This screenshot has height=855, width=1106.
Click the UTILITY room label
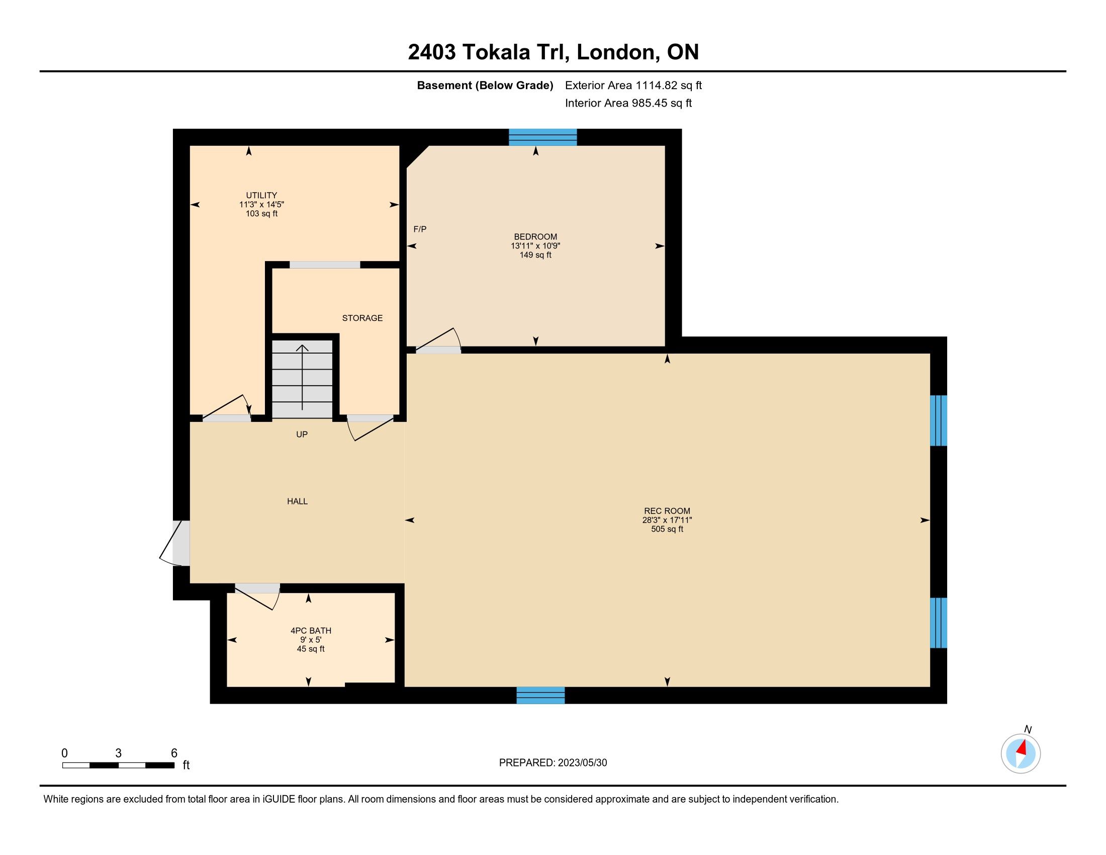click(x=261, y=195)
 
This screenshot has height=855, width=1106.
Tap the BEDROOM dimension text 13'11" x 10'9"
click(x=535, y=246)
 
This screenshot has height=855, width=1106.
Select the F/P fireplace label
click(x=420, y=229)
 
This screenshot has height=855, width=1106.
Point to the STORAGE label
click(x=362, y=318)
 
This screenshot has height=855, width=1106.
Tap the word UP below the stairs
click(x=302, y=435)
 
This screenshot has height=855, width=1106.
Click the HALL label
click(x=297, y=501)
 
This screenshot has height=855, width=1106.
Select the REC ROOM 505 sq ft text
click(x=667, y=529)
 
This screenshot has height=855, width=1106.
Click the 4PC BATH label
click(x=311, y=631)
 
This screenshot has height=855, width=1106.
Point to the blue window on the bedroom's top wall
click(x=542, y=137)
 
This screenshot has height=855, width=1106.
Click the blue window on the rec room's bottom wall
click(x=540, y=695)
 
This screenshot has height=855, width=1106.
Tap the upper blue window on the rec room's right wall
click(x=939, y=420)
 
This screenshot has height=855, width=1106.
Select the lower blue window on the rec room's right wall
click(x=939, y=623)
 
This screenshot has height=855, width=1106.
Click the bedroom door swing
click(x=438, y=339)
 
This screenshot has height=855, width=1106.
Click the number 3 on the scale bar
click(x=119, y=753)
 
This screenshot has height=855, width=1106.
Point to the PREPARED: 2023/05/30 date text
click(x=553, y=762)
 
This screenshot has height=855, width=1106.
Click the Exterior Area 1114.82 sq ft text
click(x=633, y=85)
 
